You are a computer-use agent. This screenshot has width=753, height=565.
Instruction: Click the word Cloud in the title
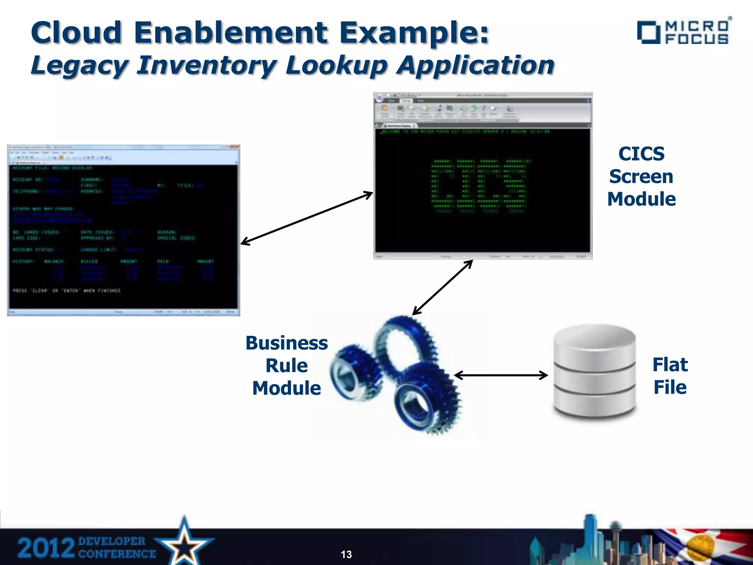[76, 32]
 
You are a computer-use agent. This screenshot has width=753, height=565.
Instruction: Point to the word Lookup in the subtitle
[336, 65]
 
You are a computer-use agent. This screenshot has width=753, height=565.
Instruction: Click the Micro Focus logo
[684, 32]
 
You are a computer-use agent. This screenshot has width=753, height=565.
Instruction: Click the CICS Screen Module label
[641, 177]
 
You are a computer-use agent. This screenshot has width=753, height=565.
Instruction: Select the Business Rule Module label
[286, 366]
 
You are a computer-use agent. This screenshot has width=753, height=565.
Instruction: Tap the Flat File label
[670, 376]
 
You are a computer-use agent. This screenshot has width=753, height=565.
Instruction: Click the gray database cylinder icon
[595, 372]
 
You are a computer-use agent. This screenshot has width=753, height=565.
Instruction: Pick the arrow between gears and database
[501, 375]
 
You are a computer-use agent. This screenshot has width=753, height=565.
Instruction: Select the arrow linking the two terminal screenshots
[306, 218]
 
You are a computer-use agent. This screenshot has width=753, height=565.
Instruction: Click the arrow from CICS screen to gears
[442, 288]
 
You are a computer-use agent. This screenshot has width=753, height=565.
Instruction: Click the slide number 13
[346, 554]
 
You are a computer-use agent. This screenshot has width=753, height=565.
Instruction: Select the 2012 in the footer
[46, 548]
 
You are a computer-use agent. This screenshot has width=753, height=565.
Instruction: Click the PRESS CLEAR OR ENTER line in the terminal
[67, 291]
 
